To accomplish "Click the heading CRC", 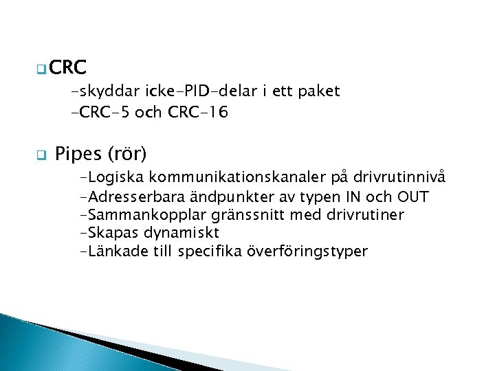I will pos(68,67).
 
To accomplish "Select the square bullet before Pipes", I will pos(41,154).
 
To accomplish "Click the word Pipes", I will pos(76,153).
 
